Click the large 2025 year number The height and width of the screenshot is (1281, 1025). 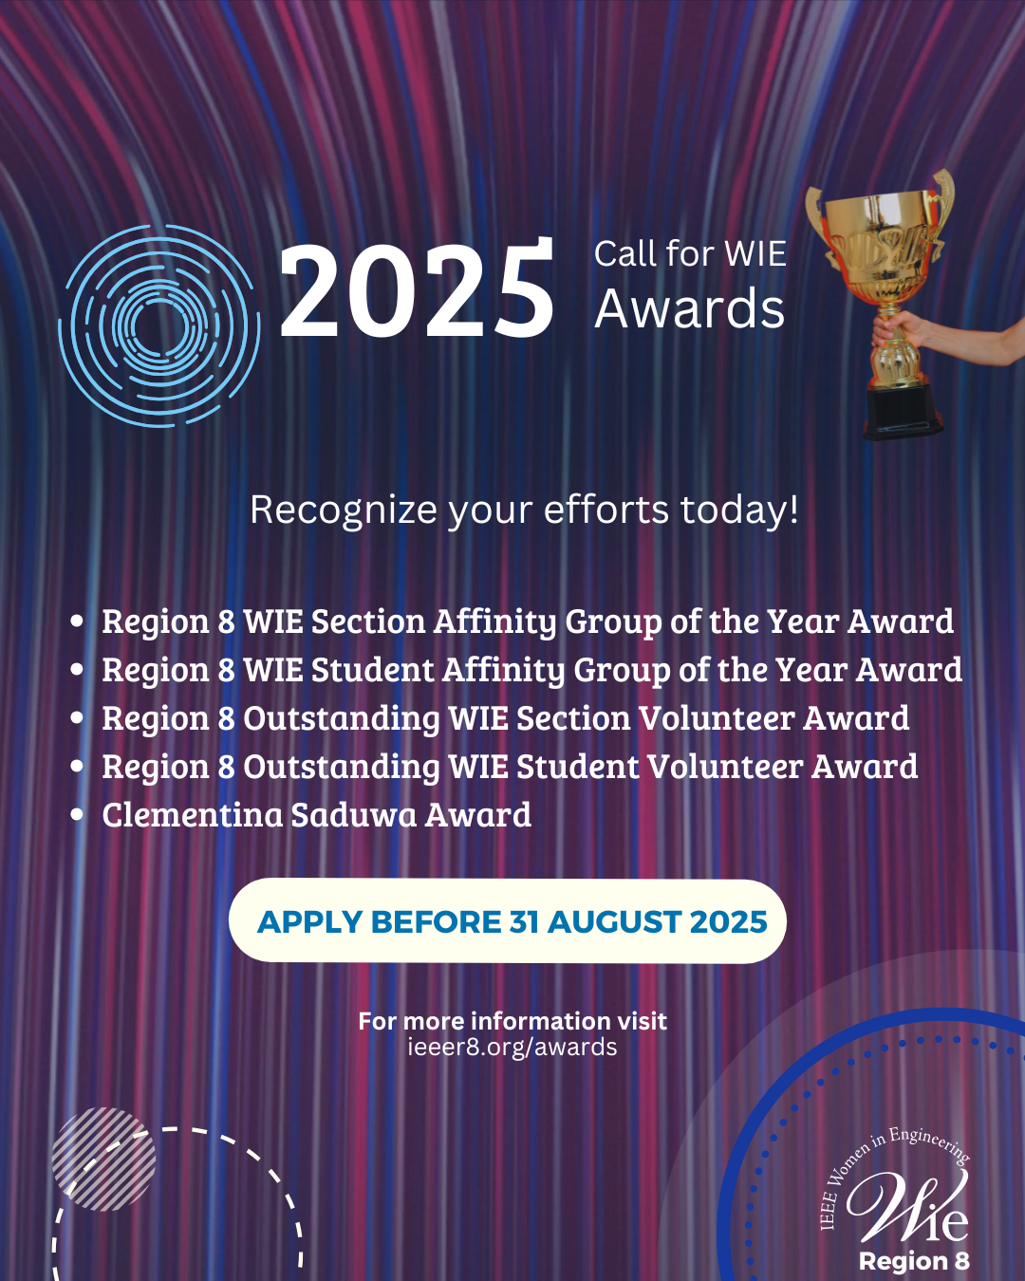pos(417,290)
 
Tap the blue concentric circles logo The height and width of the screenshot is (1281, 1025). pos(159,325)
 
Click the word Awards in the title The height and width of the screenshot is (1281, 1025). pos(690,309)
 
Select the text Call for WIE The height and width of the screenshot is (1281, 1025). pos(690,253)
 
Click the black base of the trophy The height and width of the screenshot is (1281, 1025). pos(903,411)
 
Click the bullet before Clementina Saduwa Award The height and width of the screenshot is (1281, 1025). pos(77,814)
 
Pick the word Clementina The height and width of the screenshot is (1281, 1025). pos(192,814)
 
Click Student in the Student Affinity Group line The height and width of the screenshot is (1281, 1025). pos(373,670)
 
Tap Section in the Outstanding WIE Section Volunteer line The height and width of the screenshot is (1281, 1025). pos(573,718)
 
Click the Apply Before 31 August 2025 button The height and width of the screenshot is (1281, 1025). pos(508,920)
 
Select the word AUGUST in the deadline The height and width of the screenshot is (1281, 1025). pos(614,922)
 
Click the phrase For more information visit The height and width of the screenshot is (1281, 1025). pos(512,1021)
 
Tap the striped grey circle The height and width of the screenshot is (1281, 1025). pos(103,1159)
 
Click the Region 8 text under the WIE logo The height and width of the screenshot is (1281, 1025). pos(914,1261)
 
